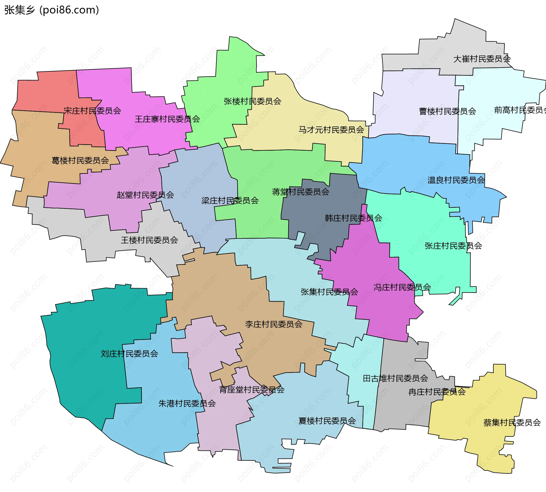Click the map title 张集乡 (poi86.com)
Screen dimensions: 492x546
[51, 10]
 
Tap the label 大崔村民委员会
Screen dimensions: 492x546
[482, 59]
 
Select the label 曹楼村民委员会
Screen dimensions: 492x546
[448, 111]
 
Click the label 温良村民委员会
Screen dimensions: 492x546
[456, 180]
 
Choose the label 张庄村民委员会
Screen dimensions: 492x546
[453, 246]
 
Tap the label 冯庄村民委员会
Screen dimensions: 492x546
[402, 288]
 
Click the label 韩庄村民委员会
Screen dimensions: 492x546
[353, 218]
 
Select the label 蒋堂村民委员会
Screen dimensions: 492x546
[301, 192]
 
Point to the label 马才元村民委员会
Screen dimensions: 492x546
[331, 130]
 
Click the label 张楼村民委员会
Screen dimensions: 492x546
[253, 101]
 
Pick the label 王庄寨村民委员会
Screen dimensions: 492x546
[167, 119]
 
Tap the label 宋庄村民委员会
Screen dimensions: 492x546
[92, 111]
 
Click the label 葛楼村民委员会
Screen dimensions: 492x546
[80, 161]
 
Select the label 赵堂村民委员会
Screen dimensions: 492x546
[145, 195]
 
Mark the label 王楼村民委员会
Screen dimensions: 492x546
[149, 240]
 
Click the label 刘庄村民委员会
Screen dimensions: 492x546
[129, 354]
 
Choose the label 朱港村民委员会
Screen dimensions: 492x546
[187, 404]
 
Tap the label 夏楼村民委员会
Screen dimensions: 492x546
[327, 421]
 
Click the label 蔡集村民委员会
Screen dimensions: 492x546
[512, 423]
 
